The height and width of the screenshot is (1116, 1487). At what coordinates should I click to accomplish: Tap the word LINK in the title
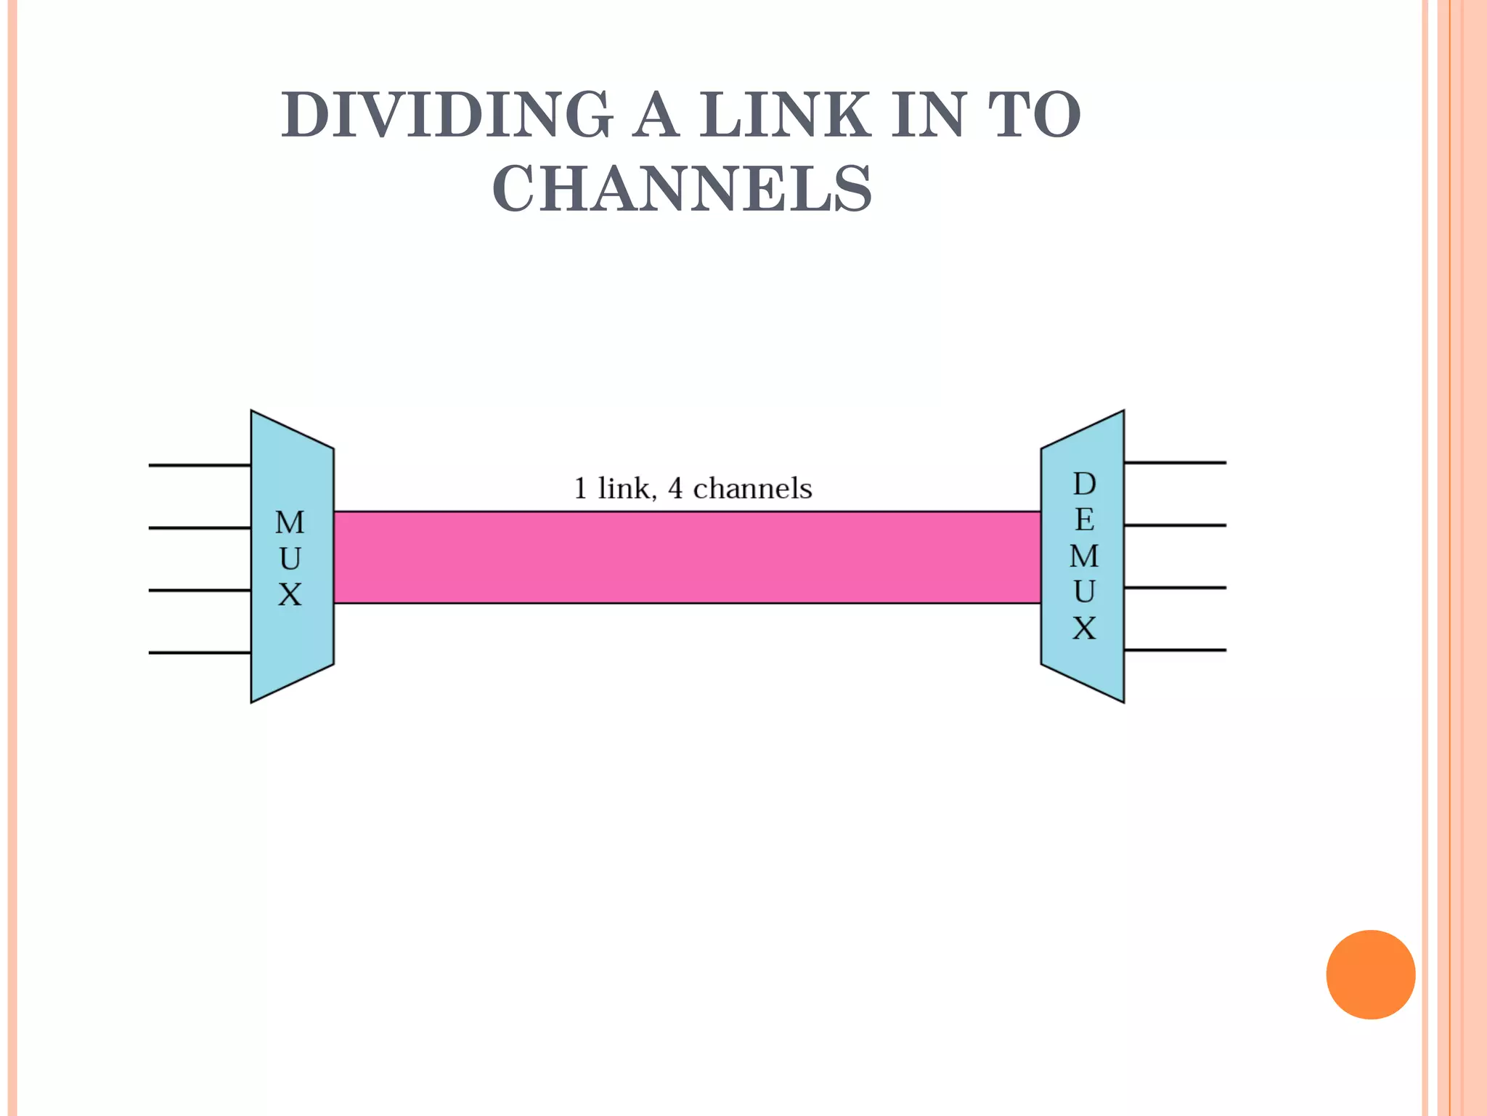click(x=786, y=115)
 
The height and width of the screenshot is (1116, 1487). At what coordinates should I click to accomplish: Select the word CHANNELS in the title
click(x=682, y=189)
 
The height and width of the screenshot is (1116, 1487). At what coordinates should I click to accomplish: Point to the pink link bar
click(x=687, y=557)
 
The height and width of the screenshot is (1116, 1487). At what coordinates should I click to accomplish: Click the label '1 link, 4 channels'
click(x=693, y=488)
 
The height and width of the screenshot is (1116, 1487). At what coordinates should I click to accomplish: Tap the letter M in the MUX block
click(x=290, y=522)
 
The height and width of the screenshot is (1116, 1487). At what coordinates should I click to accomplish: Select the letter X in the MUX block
click(x=290, y=595)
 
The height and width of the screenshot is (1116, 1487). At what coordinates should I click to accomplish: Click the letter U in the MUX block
click(x=290, y=559)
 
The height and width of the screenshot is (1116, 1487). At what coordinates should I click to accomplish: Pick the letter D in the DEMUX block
click(x=1084, y=484)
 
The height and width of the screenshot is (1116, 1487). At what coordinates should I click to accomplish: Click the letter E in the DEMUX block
click(x=1084, y=519)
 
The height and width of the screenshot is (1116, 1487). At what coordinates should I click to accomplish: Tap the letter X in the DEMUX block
click(x=1084, y=628)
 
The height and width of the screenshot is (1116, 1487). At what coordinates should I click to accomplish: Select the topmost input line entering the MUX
click(x=200, y=465)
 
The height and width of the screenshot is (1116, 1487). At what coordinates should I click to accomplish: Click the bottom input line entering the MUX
click(x=200, y=653)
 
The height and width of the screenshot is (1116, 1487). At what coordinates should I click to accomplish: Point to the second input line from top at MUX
click(x=200, y=528)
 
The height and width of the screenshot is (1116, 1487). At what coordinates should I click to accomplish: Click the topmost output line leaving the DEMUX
click(x=1175, y=463)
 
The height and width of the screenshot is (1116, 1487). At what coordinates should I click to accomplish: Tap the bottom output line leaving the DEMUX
click(x=1175, y=650)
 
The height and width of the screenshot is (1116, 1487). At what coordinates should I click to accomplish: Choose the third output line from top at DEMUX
click(x=1175, y=587)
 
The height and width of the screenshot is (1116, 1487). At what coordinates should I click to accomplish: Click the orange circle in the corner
click(x=1370, y=974)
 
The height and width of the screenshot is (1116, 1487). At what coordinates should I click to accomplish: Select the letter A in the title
click(x=656, y=115)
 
